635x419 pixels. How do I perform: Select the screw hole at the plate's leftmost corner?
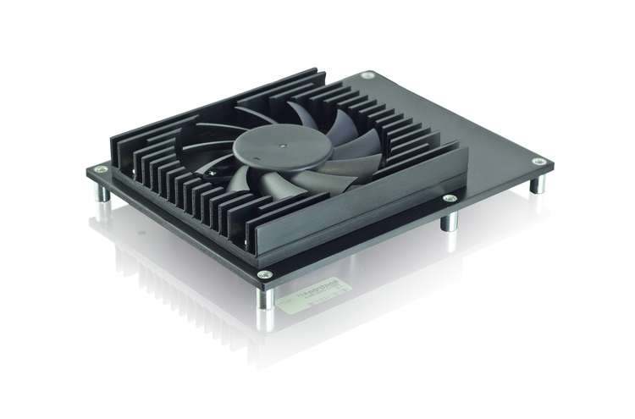pyautogui.click(x=101, y=169)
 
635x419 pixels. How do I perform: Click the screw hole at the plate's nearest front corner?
pyautogui.click(x=265, y=274)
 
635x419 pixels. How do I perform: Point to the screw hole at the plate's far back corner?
pyautogui.click(x=367, y=75)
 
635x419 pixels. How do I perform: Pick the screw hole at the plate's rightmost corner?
pyautogui.click(x=538, y=161)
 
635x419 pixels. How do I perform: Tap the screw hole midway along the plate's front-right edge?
pyautogui.click(x=450, y=199)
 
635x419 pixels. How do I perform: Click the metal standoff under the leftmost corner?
pyautogui.click(x=102, y=192)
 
